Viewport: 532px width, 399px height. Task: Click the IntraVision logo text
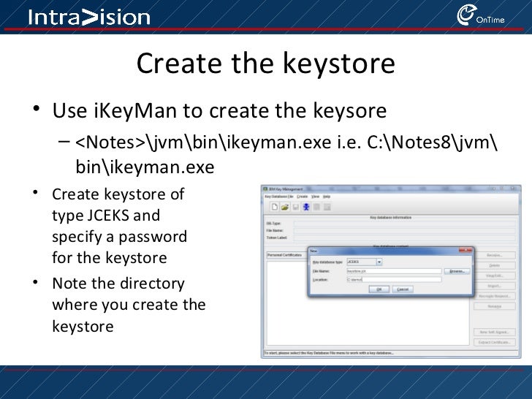88,18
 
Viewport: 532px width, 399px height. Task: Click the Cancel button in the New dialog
403,289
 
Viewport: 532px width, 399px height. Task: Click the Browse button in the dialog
456,270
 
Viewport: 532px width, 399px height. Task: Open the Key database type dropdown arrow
379,262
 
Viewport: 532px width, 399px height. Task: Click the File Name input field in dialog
393,270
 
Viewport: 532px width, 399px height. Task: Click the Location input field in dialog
393,279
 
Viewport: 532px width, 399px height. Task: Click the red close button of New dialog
462,250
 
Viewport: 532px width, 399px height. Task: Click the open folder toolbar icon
285,207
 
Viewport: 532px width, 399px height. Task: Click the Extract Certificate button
493,342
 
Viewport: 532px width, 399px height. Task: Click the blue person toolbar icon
306,207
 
